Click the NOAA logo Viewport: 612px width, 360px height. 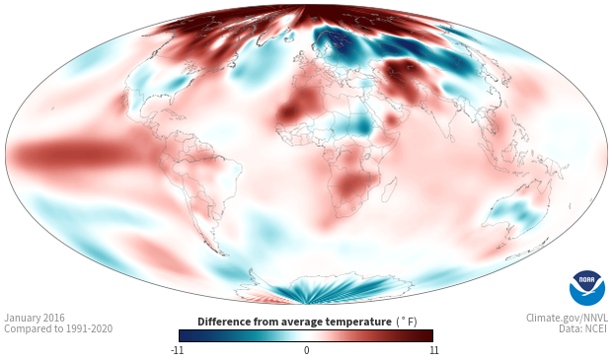click(x=587, y=288)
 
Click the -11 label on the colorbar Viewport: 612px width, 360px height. click(x=177, y=350)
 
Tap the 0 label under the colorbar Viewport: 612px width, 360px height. click(x=306, y=350)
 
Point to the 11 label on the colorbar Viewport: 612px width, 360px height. click(x=434, y=350)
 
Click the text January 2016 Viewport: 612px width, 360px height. click(x=35, y=318)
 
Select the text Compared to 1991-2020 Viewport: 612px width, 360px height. click(x=58, y=328)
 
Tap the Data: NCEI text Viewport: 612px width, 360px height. click(x=583, y=328)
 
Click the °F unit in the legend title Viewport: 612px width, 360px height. click(x=407, y=323)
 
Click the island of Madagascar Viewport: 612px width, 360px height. click(x=389, y=189)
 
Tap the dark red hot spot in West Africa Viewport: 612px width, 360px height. click(x=289, y=112)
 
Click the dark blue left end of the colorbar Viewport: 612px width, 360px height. click(x=186, y=335)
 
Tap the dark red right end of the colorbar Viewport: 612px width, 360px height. click(x=426, y=335)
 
